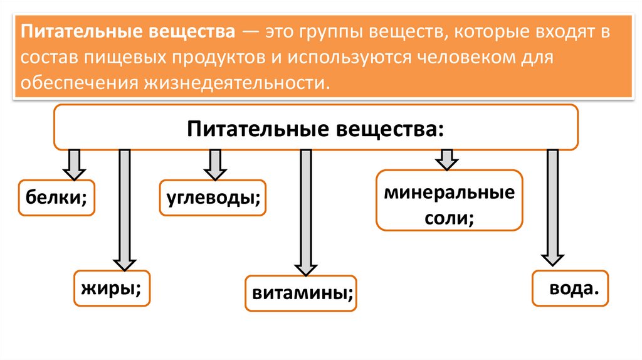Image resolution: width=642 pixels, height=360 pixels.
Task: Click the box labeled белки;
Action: coord(56,198)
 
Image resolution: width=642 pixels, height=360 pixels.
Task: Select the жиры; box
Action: coord(112,288)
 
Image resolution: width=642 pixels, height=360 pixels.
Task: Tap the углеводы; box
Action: coord(213,198)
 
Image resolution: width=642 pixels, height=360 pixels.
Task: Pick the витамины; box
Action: coord(302,292)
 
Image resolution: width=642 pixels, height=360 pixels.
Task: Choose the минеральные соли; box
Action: coord(449,200)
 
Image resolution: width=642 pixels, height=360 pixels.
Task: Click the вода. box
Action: coord(570,288)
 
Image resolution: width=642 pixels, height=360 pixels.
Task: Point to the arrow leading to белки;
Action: coord(73,164)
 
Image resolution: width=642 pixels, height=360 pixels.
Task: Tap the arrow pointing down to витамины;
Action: coord(305,210)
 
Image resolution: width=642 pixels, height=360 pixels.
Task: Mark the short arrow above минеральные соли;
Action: coord(446,159)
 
